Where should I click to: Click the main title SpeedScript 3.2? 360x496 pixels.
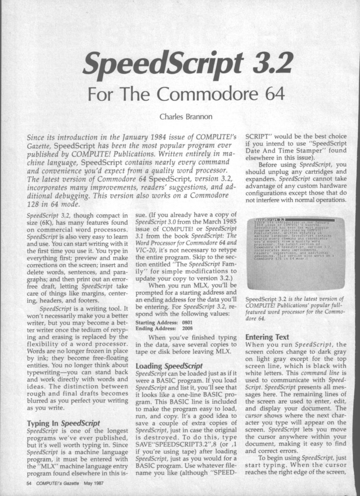[180, 63]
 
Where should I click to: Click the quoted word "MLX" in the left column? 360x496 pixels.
[44, 464]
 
